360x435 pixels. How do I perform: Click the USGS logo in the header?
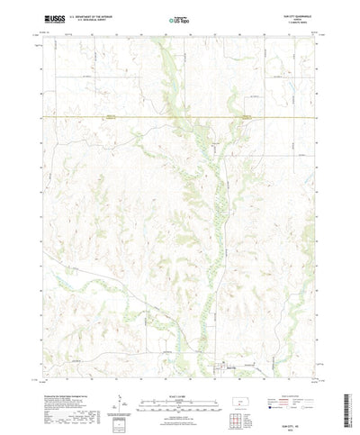[67, 17]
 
